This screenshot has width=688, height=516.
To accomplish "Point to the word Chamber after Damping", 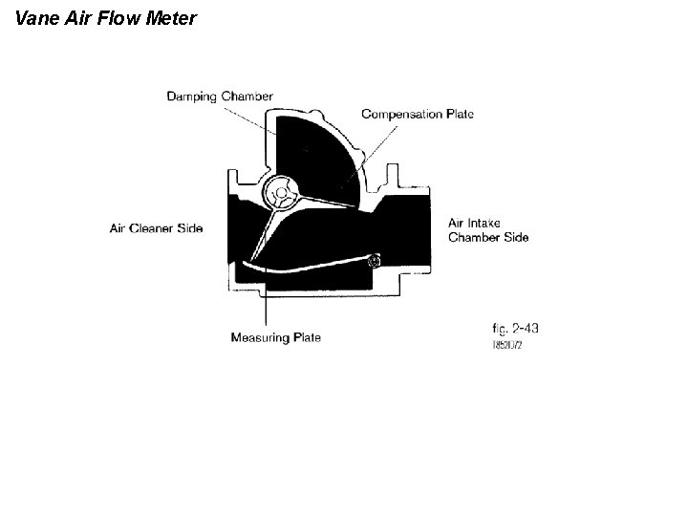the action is coord(247,97).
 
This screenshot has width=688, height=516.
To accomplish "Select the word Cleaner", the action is coord(154,228).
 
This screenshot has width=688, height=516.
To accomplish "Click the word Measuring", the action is coord(262,337).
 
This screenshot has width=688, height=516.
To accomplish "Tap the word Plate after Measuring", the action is coord(308,337).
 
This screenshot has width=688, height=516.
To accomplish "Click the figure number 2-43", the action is coord(523,328).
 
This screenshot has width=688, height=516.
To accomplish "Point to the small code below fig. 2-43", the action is coord(506,344).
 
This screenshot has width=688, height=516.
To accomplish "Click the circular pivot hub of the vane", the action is coord(281,195).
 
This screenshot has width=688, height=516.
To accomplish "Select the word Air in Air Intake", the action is coord(457,224).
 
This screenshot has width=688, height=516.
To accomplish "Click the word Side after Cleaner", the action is coord(190,228).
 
